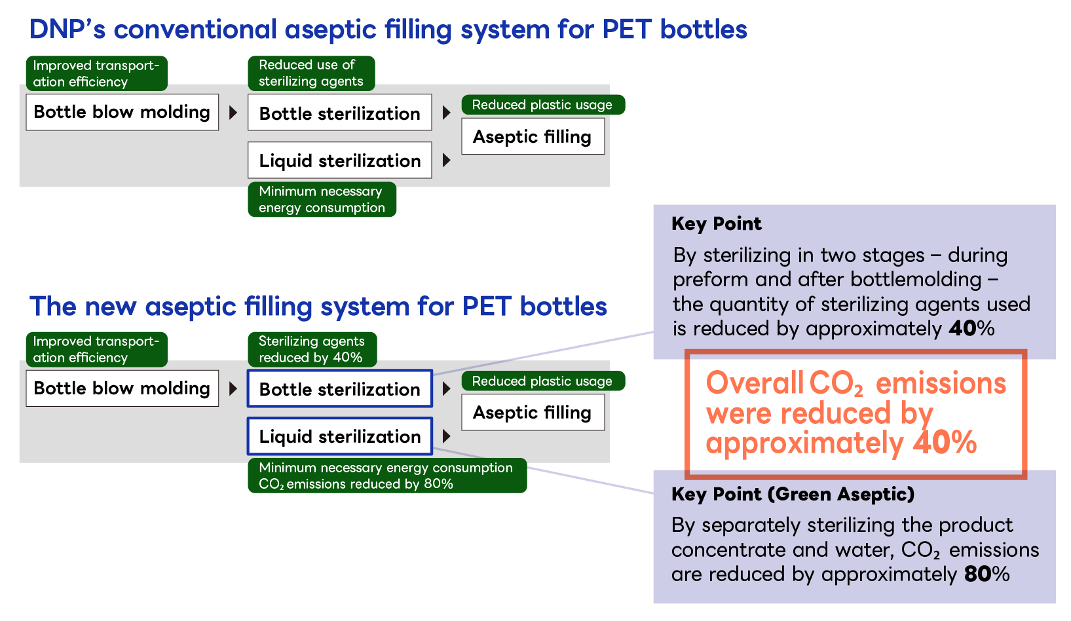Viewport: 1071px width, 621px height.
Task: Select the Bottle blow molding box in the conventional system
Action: tap(122, 112)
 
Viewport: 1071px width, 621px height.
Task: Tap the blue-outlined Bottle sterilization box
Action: tap(339, 389)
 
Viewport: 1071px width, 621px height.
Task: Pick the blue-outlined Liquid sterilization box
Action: tap(339, 436)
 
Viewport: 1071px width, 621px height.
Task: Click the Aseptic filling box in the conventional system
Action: tap(533, 136)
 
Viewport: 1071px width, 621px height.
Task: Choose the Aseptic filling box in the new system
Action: tap(533, 412)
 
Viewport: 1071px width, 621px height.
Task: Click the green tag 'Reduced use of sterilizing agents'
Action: tap(310, 73)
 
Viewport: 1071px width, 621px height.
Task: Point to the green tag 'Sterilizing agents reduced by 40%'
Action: tap(311, 349)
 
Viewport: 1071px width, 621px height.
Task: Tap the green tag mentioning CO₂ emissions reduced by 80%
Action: tap(386, 476)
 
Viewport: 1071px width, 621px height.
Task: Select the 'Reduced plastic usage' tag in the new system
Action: tap(542, 381)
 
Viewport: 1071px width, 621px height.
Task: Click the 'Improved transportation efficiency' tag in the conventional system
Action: tap(96, 73)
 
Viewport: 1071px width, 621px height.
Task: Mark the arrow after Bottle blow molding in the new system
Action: tap(233, 388)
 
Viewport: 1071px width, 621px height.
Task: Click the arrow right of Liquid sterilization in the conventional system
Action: tap(447, 160)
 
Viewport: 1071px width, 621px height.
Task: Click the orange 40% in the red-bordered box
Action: tap(945, 443)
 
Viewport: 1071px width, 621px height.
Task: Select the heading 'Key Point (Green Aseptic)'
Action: tap(793, 494)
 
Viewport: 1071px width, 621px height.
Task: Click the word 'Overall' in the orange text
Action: tap(754, 383)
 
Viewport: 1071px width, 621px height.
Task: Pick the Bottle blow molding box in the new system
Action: tap(122, 388)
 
